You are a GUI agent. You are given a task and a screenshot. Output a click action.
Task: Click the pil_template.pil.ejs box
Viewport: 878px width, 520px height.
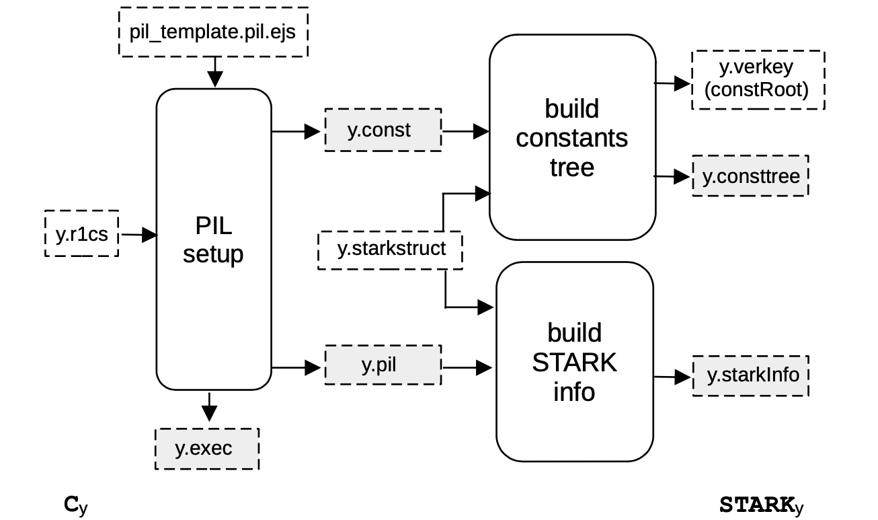click(213, 32)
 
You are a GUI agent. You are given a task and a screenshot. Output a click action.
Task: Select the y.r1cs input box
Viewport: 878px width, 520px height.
click(81, 234)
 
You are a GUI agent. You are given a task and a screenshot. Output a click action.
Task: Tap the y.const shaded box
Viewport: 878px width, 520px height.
click(383, 129)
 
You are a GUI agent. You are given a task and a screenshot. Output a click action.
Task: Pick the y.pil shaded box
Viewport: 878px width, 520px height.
click(383, 365)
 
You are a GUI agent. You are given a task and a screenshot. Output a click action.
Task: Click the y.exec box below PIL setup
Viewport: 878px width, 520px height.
click(207, 448)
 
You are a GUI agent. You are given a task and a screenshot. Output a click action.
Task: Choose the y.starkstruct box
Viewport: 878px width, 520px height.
click(391, 250)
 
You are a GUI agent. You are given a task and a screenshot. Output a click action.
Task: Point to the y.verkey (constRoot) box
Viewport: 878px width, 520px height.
click(757, 79)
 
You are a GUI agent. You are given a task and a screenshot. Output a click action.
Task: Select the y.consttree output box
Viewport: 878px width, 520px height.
click(750, 176)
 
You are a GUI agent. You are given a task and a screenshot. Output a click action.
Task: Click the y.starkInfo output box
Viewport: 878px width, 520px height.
click(750, 375)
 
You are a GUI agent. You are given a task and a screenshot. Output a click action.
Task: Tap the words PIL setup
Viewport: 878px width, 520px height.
click(213, 240)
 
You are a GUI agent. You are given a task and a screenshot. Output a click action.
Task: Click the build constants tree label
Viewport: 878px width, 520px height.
click(572, 138)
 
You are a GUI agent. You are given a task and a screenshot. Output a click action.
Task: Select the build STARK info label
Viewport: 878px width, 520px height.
click(574, 362)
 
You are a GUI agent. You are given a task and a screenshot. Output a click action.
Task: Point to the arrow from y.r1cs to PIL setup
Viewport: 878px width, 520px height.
click(138, 235)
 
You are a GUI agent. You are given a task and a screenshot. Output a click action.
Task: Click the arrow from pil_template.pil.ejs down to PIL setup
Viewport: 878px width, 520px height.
click(214, 71)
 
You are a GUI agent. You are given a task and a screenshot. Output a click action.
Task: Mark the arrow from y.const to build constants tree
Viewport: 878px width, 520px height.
click(465, 131)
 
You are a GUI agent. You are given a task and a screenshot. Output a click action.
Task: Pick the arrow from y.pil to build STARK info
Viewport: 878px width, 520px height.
click(468, 367)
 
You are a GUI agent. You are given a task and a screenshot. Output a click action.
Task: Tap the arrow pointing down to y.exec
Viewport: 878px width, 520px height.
click(210, 408)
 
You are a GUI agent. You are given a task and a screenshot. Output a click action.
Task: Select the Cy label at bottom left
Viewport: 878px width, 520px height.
click(75, 505)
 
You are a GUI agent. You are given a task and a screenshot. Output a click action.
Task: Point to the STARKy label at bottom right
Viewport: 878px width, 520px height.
click(761, 505)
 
